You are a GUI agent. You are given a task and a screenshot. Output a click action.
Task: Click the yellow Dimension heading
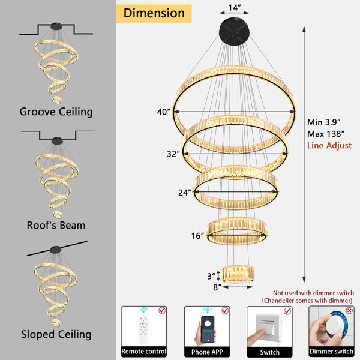pyautogui.click(x=154, y=13)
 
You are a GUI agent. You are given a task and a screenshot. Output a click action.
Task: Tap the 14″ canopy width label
pyautogui.click(x=235, y=8)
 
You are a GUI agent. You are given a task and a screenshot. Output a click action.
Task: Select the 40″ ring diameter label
pyautogui.click(x=163, y=112)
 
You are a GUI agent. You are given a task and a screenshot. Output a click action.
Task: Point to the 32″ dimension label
pyautogui.click(x=173, y=154)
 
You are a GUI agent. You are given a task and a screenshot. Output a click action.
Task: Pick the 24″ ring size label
pyautogui.click(x=185, y=193)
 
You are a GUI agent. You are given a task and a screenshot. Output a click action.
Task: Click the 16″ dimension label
pyautogui.click(x=197, y=236)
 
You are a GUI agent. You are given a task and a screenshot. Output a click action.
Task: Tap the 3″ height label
pyautogui.click(x=211, y=276)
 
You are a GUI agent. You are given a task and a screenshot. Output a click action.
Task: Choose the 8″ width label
pyautogui.click(x=217, y=287)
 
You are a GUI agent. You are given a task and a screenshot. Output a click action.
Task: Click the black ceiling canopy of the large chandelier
pyautogui.click(x=234, y=31)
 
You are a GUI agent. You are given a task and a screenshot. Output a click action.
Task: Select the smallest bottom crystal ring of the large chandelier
pyautogui.click(x=238, y=274)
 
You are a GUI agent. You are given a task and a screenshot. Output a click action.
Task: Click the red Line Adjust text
pyautogui.click(x=329, y=146)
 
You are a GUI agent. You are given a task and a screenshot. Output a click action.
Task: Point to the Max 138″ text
pyautogui.click(x=326, y=134)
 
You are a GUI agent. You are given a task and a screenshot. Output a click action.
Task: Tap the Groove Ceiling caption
pyautogui.click(x=56, y=112)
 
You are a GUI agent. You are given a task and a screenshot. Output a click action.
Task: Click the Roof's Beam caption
pyautogui.click(x=56, y=225)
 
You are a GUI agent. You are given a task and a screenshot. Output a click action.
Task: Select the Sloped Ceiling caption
pyautogui.click(x=56, y=335)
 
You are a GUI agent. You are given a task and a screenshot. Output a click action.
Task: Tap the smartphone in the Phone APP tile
pyautogui.click(x=208, y=329)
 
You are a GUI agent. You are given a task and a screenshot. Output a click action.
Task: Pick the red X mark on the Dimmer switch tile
pyautogui.click(x=349, y=311)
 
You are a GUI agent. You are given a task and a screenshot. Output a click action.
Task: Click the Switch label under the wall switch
pyautogui.click(x=270, y=352)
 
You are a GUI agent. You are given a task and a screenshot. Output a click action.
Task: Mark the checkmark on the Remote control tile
pyautogui.click(x=162, y=310)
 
